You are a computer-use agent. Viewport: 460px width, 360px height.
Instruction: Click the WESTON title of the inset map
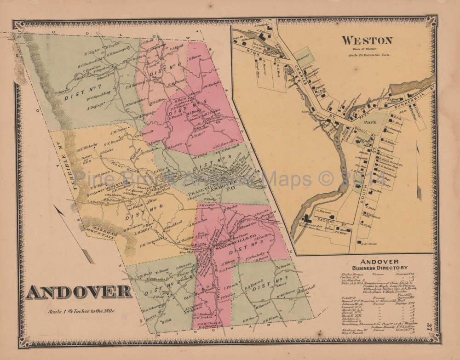(366, 40)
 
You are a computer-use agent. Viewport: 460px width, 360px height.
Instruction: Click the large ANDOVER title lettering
(78, 292)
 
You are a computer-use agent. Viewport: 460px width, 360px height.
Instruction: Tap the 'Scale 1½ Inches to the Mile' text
(81, 311)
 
